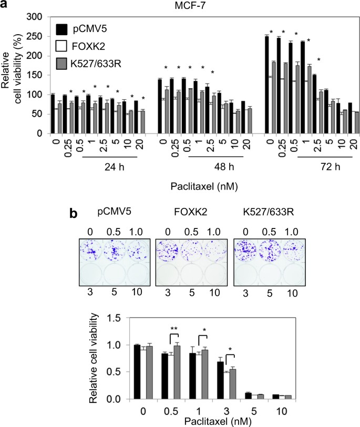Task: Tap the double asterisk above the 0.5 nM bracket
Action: coord(173,330)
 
